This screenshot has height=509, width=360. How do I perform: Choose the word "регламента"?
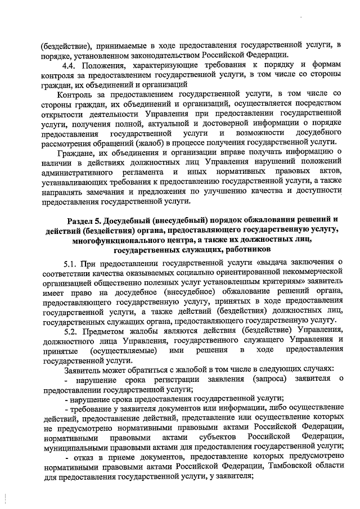coord(143,172)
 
